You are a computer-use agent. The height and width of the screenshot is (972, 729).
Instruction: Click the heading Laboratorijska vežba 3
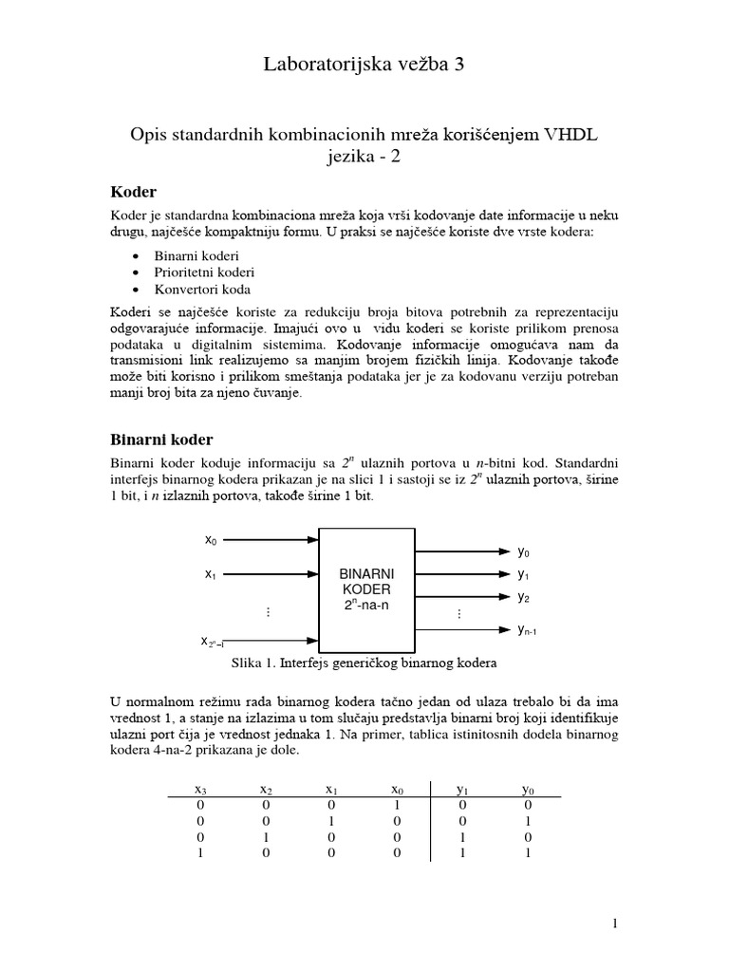click(364, 65)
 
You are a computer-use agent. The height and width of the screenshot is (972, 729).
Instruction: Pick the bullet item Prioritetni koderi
click(204, 272)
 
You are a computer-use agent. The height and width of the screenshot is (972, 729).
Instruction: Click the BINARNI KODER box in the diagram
click(366, 589)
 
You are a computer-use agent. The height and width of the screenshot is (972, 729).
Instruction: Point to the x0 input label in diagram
click(211, 540)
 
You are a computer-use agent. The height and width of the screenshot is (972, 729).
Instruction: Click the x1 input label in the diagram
click(211, 574)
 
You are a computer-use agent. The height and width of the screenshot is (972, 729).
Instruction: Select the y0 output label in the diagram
click(524, 551)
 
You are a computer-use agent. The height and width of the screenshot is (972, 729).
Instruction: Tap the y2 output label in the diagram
click(524, 597)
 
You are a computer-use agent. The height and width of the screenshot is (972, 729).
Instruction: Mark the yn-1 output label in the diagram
click(533, 629)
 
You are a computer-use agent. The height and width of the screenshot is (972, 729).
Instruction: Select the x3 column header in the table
click(200, 789)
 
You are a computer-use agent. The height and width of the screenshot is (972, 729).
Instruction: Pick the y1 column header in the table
click(462, 789)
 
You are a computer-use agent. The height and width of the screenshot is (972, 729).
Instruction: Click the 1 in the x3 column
click(200, 853)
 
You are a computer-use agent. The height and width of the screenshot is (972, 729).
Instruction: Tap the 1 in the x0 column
click(397, 805)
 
